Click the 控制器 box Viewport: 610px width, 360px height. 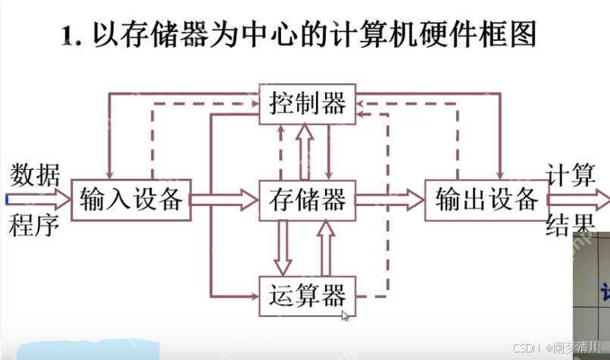308,103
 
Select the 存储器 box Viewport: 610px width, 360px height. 308,200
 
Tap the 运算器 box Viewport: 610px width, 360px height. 308,294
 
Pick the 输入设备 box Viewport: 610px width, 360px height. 130,200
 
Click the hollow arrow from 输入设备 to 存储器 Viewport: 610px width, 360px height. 224,200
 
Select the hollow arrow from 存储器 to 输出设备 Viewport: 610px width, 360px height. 389,200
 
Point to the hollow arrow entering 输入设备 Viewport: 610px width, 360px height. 38,200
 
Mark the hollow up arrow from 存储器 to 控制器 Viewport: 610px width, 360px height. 305,152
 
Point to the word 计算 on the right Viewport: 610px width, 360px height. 571,174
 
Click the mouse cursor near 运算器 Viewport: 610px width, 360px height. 345,316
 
